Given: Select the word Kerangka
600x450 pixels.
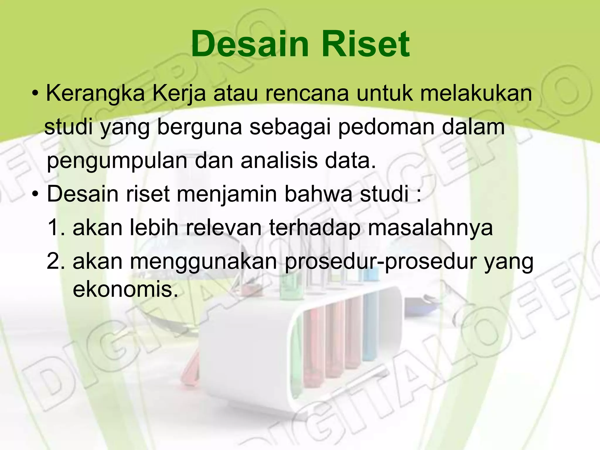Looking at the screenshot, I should (96, 93).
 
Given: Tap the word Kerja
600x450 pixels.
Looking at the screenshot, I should (179, 93).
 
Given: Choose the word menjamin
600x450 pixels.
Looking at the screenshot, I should (227, 195).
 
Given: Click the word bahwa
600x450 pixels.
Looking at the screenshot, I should (318, 194).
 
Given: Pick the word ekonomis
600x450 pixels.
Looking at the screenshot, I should (125, 289).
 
